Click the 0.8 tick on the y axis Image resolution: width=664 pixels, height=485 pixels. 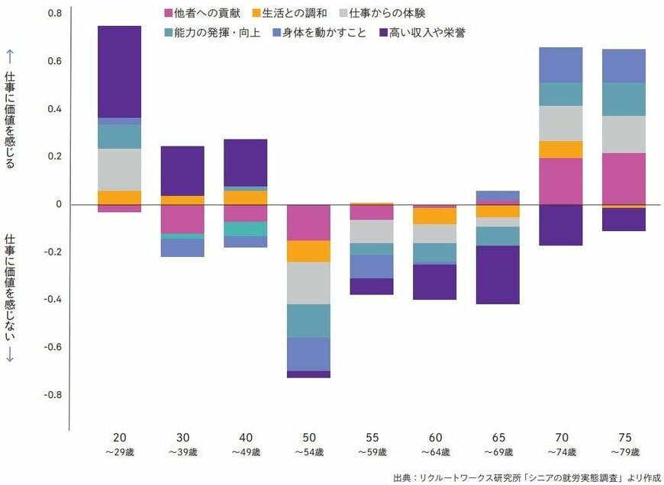54,14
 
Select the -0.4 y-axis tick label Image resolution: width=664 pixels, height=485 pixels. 52,300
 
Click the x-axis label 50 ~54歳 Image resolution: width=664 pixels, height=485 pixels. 308,445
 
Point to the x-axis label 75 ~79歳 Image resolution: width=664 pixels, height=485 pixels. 624,445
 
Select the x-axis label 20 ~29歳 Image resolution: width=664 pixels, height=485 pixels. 120,445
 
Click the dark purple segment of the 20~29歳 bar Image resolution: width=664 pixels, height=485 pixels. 120,72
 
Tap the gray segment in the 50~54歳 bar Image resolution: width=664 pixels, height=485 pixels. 308,283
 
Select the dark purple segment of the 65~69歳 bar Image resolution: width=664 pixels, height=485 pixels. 498,275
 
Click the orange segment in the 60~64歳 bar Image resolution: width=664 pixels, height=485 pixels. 434,216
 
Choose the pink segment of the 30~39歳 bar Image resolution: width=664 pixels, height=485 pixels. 182,220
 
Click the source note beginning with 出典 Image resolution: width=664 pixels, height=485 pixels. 526,477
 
